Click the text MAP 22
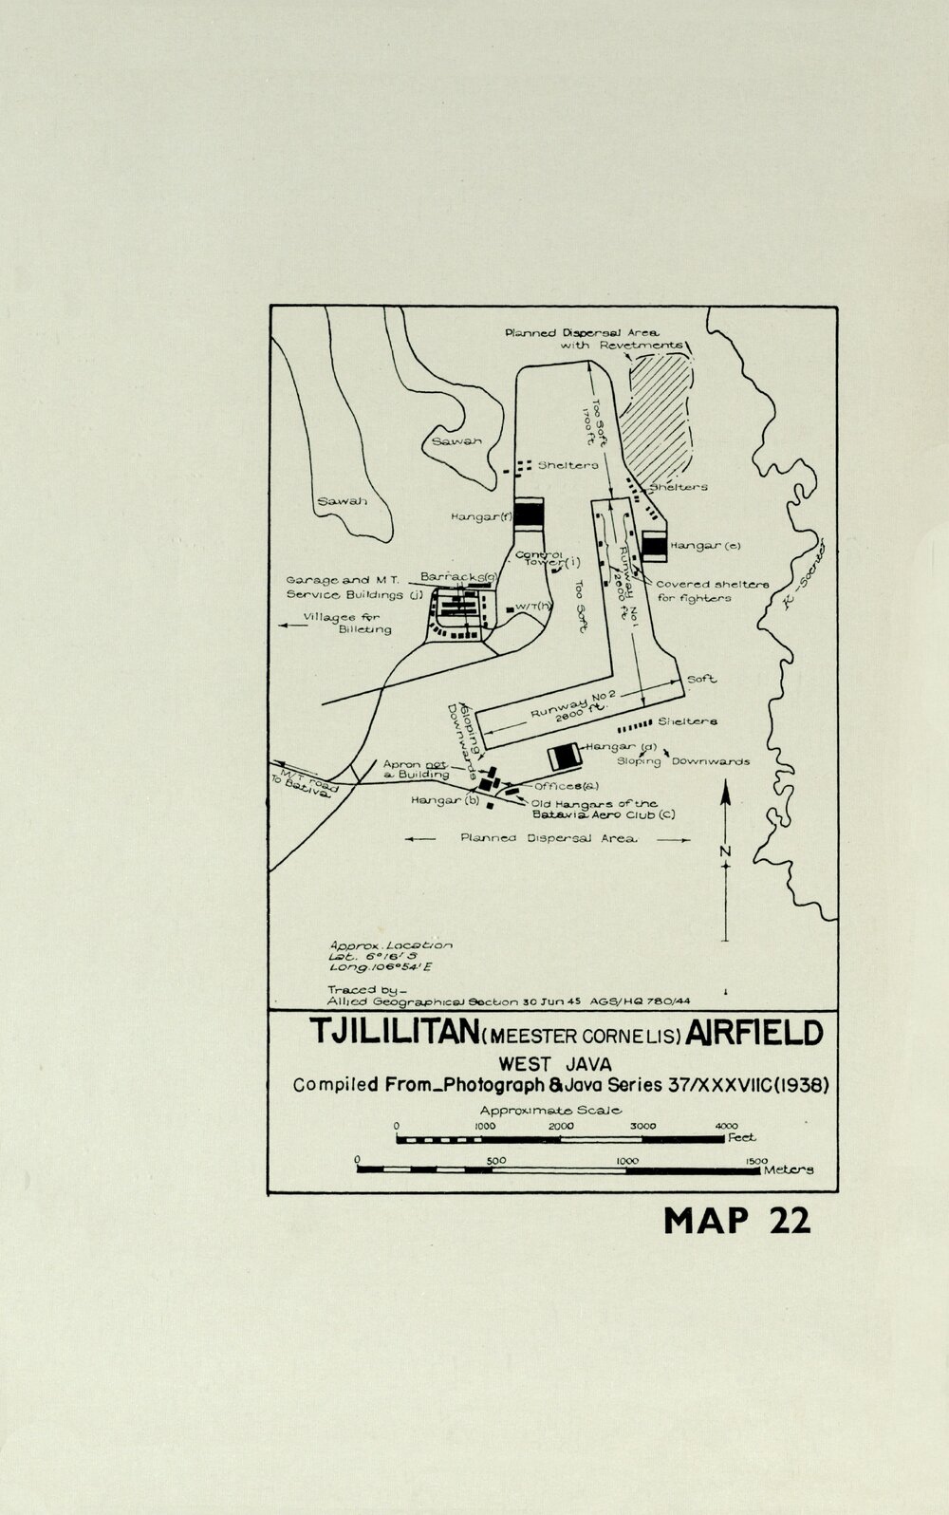[736, 1220]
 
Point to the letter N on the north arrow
[725, 851]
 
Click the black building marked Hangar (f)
[528, 514]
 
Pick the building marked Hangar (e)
[654, 546]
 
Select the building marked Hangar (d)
[566, 757]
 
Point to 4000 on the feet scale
[725, 1126]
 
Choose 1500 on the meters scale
[755, 1160]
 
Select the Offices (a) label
[567, 786]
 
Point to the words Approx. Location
[390, 945]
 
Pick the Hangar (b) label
[441, 800]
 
